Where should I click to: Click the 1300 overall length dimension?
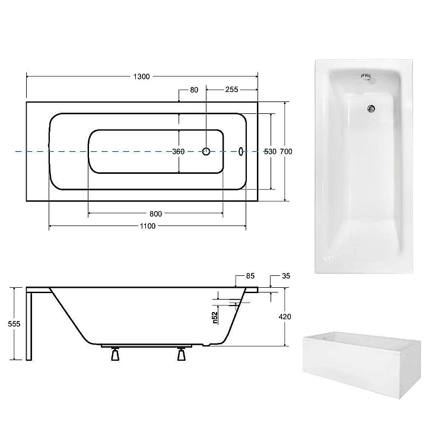(x=141, y=77)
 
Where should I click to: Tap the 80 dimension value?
(x=194, y=90)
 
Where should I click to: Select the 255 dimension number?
(x=231, y=90)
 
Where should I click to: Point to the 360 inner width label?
(x=179, y=151)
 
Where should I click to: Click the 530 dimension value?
(x=270, y=151)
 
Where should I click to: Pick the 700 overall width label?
(x=286, y=151)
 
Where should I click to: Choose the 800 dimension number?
(x=156, y=214)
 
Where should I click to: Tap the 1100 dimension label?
(x=148, y=226)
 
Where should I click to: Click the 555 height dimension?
(x=14, y=323)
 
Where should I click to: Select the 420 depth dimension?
(x=285, y=316)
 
